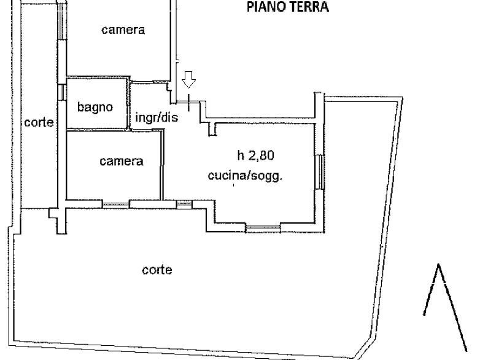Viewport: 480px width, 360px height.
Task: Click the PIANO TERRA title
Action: point(287,7)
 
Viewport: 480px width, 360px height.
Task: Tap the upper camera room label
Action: point(123,29)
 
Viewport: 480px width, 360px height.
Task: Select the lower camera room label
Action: point(122,161)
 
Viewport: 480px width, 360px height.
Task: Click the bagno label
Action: point(95,108)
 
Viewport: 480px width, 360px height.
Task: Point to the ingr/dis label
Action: point(157,117)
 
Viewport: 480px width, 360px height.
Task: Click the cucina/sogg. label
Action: point(245,176)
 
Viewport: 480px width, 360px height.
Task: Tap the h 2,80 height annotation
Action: point(255,155)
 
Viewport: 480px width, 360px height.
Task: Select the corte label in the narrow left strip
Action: point(39,122)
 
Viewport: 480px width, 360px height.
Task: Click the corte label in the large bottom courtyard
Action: point(157,270)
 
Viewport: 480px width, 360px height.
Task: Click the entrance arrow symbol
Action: point(188,80)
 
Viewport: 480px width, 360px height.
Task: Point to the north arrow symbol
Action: point(445,307)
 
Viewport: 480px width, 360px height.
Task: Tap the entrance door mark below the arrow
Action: point(188,103)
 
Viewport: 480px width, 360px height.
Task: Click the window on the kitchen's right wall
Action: point(319,172)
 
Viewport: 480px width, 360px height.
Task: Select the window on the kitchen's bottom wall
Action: point(263,228)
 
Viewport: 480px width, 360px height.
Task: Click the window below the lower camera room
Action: point(116,205)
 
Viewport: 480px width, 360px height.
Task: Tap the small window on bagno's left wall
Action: point(62,92)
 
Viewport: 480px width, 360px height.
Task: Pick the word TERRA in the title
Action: point(309,7)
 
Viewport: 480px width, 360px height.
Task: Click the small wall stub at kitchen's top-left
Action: point(212,129)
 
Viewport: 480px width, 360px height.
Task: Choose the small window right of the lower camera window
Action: point(184,205)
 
